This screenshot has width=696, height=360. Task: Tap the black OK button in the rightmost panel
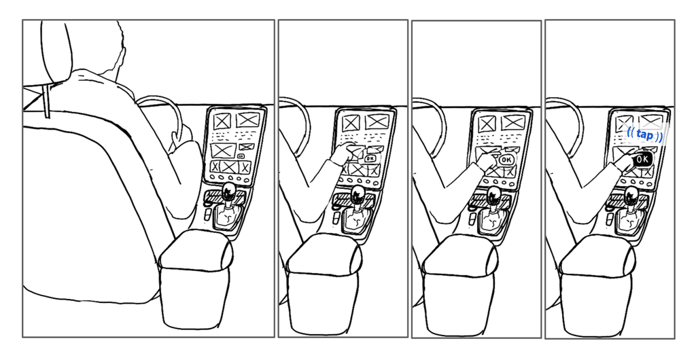click(x=642, y=160)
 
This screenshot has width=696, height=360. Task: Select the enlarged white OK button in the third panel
click(x=506, y=160)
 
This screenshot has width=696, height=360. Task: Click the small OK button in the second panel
click(x=370, y=158)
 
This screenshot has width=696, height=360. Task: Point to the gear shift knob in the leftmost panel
click(x=228, y=191)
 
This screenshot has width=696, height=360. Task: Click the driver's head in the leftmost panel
click(x=107, y=49)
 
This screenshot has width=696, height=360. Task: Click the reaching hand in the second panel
click(x=343, y=154)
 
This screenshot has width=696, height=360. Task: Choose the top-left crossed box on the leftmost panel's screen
click(x=222, y=121)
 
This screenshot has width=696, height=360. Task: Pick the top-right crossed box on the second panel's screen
click(x=377, y=122)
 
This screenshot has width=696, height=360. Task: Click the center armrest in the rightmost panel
click(x=597, y=286)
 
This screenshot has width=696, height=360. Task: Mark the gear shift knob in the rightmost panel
click(x=631, y=195)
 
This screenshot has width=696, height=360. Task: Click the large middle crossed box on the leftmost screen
click(x=223, y=150)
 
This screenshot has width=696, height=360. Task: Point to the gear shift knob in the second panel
click(x=358, y=194)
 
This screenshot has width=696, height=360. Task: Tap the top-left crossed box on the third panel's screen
click(x=487, y=124)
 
